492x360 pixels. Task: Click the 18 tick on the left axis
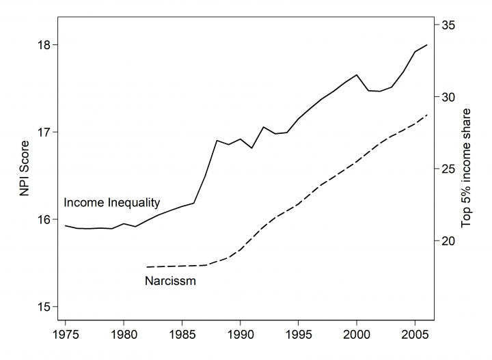click(44, 45)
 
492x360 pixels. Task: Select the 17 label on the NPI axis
click(44, 132)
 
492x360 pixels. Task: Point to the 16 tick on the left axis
click(44, 219)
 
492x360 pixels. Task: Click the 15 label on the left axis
click(44, 306)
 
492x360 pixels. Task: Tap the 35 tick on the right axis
click(450, 25)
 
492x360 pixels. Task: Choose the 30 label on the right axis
click(450, 97)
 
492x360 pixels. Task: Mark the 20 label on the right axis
click(450, 240)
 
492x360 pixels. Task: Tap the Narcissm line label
click(171, 281)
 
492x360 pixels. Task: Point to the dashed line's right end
click(428, 115)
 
